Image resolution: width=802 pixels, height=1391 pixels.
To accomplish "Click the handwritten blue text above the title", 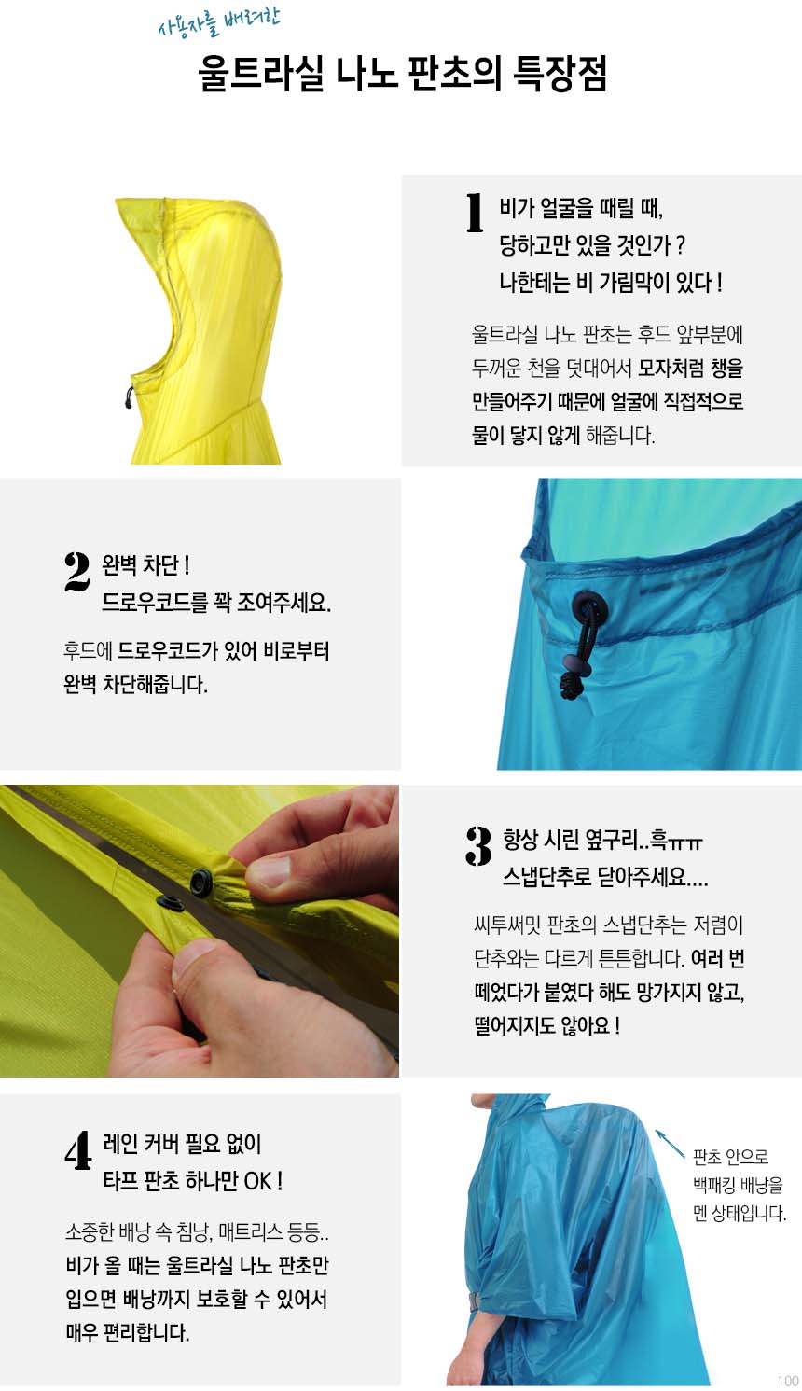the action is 219,22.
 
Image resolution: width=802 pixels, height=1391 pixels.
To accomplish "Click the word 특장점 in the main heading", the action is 559,74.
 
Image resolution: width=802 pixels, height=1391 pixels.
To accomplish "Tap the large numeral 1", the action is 475,213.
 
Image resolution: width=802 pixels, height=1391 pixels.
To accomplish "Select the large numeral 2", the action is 77,571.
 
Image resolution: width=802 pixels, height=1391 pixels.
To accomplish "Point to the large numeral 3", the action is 478,845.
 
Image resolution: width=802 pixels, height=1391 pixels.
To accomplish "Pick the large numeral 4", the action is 78,1150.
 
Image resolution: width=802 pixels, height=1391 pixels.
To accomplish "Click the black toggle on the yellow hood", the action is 129,397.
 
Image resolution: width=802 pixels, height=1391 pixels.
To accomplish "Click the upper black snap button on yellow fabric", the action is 201,882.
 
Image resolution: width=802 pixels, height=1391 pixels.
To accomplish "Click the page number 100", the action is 788,1381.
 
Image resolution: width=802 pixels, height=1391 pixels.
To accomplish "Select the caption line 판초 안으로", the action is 730,1157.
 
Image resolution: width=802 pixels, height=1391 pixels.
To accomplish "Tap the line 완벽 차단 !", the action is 145,565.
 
